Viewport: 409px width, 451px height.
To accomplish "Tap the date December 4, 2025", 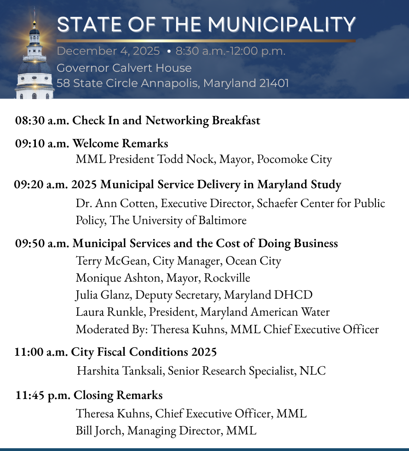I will click(x=108, y=51).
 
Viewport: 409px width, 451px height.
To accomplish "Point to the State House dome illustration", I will click(x=35, y=64).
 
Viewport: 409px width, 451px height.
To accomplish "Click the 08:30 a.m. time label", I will click(x=42, y=121).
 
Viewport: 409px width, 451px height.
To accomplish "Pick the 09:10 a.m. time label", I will click(x=42, y=143).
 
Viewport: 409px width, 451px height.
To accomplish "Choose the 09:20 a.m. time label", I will click(x=41, y=185).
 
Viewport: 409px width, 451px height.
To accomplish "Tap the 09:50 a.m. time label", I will click(x=42, y=243).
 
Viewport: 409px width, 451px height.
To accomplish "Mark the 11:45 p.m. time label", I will click(x=43, y=395).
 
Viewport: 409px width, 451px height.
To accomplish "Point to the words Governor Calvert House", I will click(x=124, y=68).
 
